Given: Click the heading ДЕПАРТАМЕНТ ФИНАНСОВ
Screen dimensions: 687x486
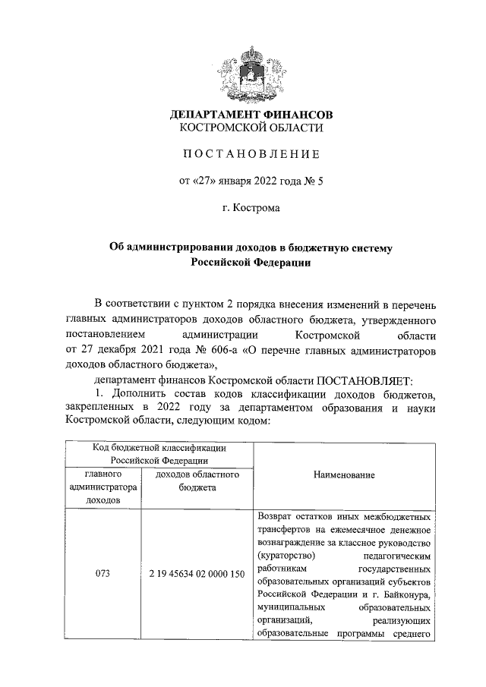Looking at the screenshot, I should [251, 115].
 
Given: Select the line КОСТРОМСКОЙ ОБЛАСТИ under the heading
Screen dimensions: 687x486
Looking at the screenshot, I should [251, 129].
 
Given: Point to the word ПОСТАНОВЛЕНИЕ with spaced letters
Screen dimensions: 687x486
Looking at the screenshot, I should [251, 155].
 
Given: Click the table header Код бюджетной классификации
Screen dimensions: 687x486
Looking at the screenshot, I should [158, 448].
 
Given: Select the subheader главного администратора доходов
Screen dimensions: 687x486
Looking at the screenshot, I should [104, 487].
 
